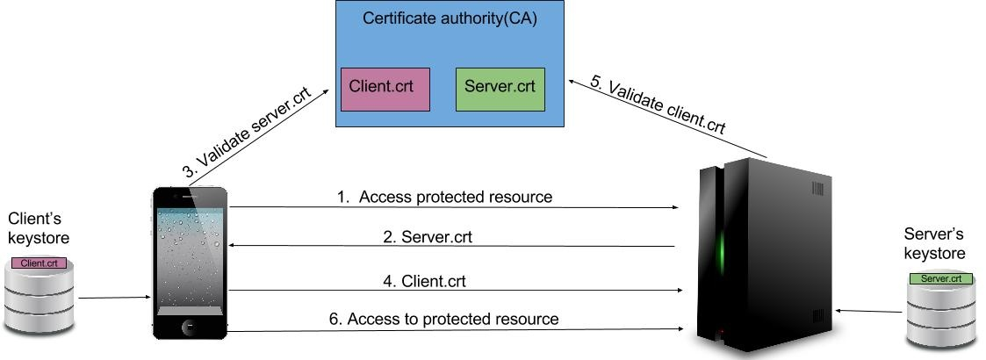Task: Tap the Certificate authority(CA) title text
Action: (450, 18)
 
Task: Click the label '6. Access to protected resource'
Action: (443, 319)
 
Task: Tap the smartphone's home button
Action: (190, 328)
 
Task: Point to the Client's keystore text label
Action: (35, 227)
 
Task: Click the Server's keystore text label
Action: (934, 244)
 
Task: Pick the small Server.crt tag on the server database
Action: (940, 278)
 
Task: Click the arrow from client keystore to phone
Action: (114, 298)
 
